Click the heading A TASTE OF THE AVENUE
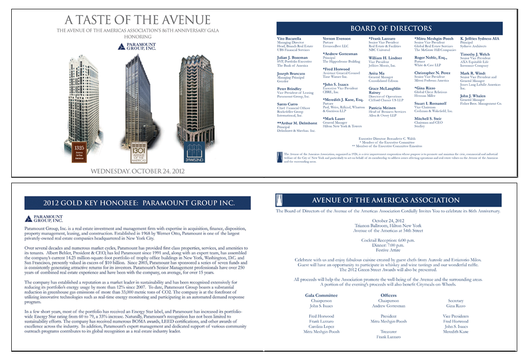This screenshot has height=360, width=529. tap(138, 20)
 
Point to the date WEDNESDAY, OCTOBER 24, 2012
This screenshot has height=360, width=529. tap(138, 171)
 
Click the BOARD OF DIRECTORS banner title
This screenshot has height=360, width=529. tap(390, 28)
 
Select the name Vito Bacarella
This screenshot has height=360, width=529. tap(289, 39)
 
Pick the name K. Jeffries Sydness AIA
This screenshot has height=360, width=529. tap(479, 39)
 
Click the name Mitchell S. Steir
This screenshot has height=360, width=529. tap(428, 119)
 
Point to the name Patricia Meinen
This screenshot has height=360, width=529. tap(382, 108)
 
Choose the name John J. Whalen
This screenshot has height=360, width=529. tap(473, 96)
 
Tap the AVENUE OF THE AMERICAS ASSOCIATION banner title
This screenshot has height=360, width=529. tap(385, 200)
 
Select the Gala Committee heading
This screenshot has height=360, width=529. tap(321, 295)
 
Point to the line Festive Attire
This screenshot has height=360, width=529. tap(388, 249)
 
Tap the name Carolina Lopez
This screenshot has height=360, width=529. tap(321, 326)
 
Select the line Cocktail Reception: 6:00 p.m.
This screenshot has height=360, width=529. tap(388, 240)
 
